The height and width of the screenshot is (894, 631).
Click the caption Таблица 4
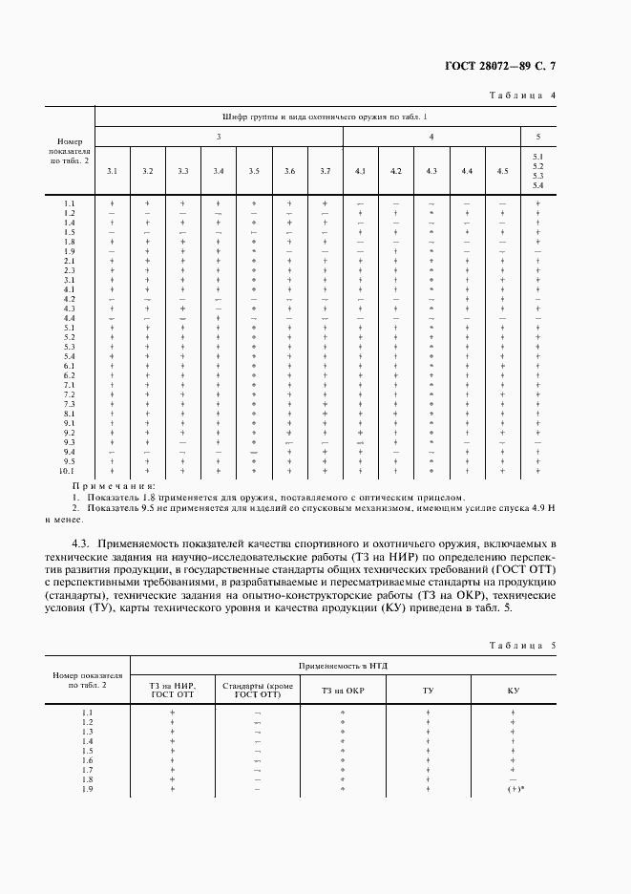[522, 96]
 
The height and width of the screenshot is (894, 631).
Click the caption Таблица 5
[522, 646]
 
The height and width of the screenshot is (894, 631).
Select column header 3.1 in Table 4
[112, 170]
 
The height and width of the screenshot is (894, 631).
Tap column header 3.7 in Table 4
[325, 170]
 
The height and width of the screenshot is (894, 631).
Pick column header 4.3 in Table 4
[431, 170]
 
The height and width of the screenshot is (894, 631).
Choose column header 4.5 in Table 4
[502, 170]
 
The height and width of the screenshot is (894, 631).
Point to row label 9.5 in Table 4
[70, 461]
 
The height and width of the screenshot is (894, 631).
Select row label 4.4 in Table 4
[70, 318]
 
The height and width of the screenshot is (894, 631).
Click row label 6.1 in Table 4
[70, 366]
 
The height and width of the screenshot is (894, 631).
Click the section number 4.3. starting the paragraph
[72, 543]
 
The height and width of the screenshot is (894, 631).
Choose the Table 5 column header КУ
[514, 690]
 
